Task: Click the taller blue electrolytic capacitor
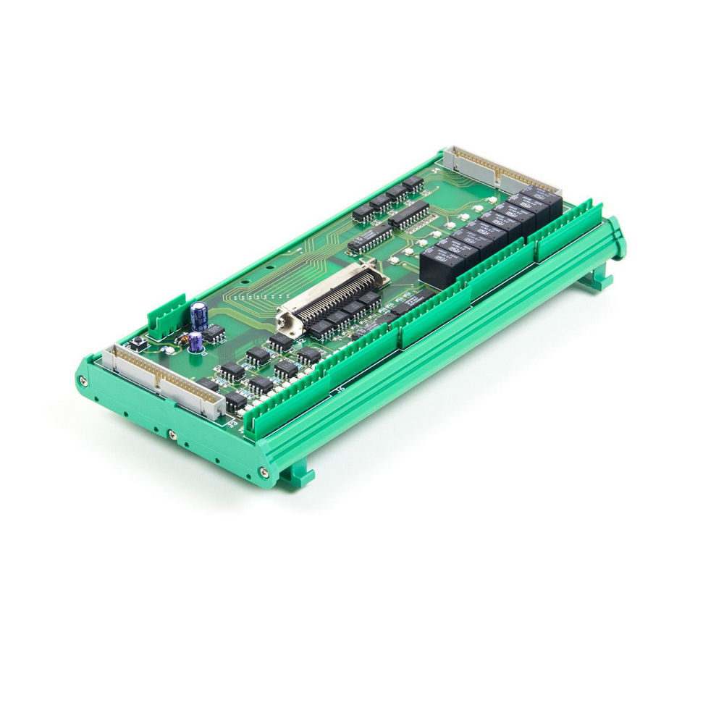coord(199,316)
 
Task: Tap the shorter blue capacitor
coord(195,346)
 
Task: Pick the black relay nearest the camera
coord(442,265)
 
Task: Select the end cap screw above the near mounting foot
coord(264,473)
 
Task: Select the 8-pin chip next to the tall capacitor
coord(213,334)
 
